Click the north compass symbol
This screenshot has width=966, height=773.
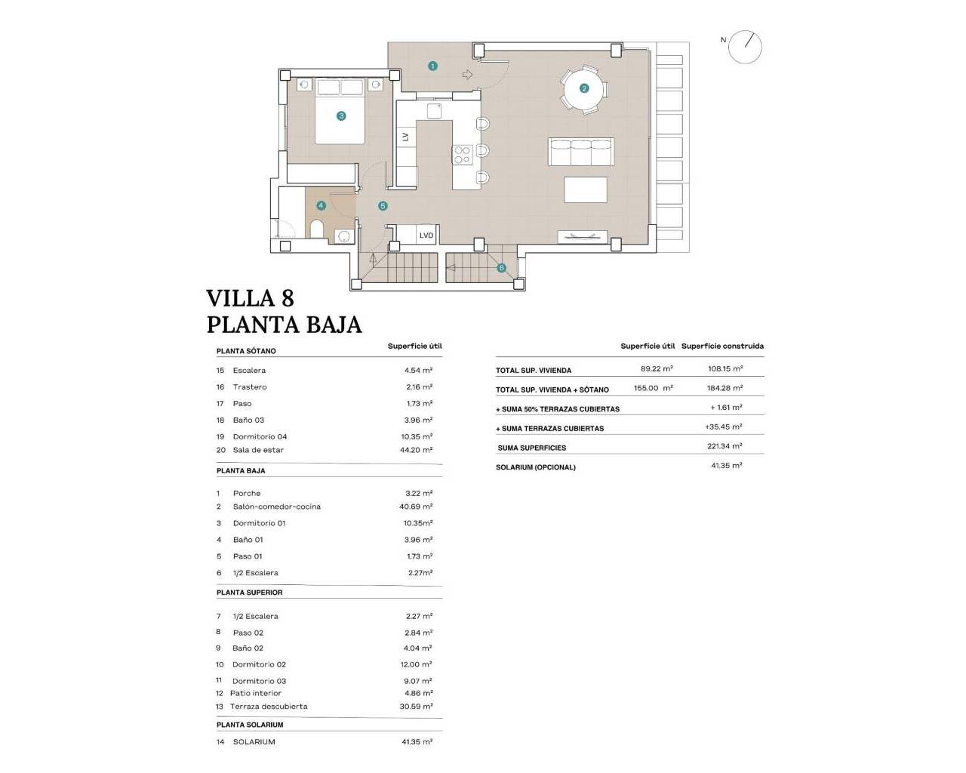pyautogui.click(x=745, y=47)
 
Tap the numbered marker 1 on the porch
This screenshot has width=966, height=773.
pyautogui.click(x=432, y=66)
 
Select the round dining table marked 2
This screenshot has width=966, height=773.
pyautogui.click(x=583, y=88)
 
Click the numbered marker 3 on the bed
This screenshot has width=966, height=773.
pyautogui.click(x=341, y=116)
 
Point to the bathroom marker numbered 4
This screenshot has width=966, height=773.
pyautogui.click(x=321, y=205)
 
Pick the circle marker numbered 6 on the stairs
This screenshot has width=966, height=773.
pyautogui.click(x=501, y=268)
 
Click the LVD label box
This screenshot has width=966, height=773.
pyautogui.click(x=426, y=236)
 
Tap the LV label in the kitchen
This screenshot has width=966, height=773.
pyautogui.click(x=405, y=137)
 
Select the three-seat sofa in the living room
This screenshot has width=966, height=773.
pyautogui.click(x=580, y=152)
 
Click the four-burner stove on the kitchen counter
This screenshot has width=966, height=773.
pyautogui.click(x=462, y=155)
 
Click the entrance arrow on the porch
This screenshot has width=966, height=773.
pyautogui.click(x=467, y=75)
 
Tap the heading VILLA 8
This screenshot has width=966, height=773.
pyautogui.click(x=250, y=298)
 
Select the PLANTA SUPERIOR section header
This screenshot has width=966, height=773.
pyautogui.click(x=249, y=593)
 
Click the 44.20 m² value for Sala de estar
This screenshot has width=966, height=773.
pyautogui.click(x=417, y=450)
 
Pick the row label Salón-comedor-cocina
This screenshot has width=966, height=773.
pyautogui.click(x=276, y=507)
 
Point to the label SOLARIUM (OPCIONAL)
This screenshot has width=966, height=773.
pyautogui.click(x=535, y=467)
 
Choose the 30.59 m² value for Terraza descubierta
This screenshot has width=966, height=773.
pyautogui.click(x=417, y=707)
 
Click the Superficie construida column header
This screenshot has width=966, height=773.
pyautogui.click(x=722, y=346)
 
